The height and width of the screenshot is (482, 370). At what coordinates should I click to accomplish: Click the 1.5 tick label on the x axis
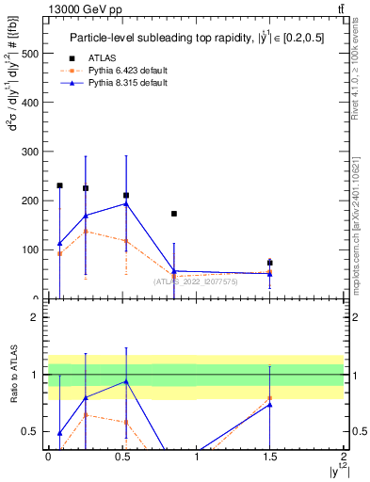pyautogui.click(x=270, y=460)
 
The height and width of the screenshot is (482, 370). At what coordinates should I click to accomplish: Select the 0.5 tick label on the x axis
pyautogui.click(x=121, y=460)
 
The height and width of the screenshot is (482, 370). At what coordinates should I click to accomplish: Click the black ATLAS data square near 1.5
pyautogui.click(x=270, y=263)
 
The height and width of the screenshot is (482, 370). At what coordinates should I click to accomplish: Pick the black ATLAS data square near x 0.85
pyautogui.click(x=174, y=214)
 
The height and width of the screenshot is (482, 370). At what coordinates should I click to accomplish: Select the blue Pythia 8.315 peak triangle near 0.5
pyautogui.click(x=126, y=203)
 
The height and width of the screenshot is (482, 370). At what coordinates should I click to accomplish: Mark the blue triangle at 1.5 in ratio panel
pyautogui.click(x=270, y=405)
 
